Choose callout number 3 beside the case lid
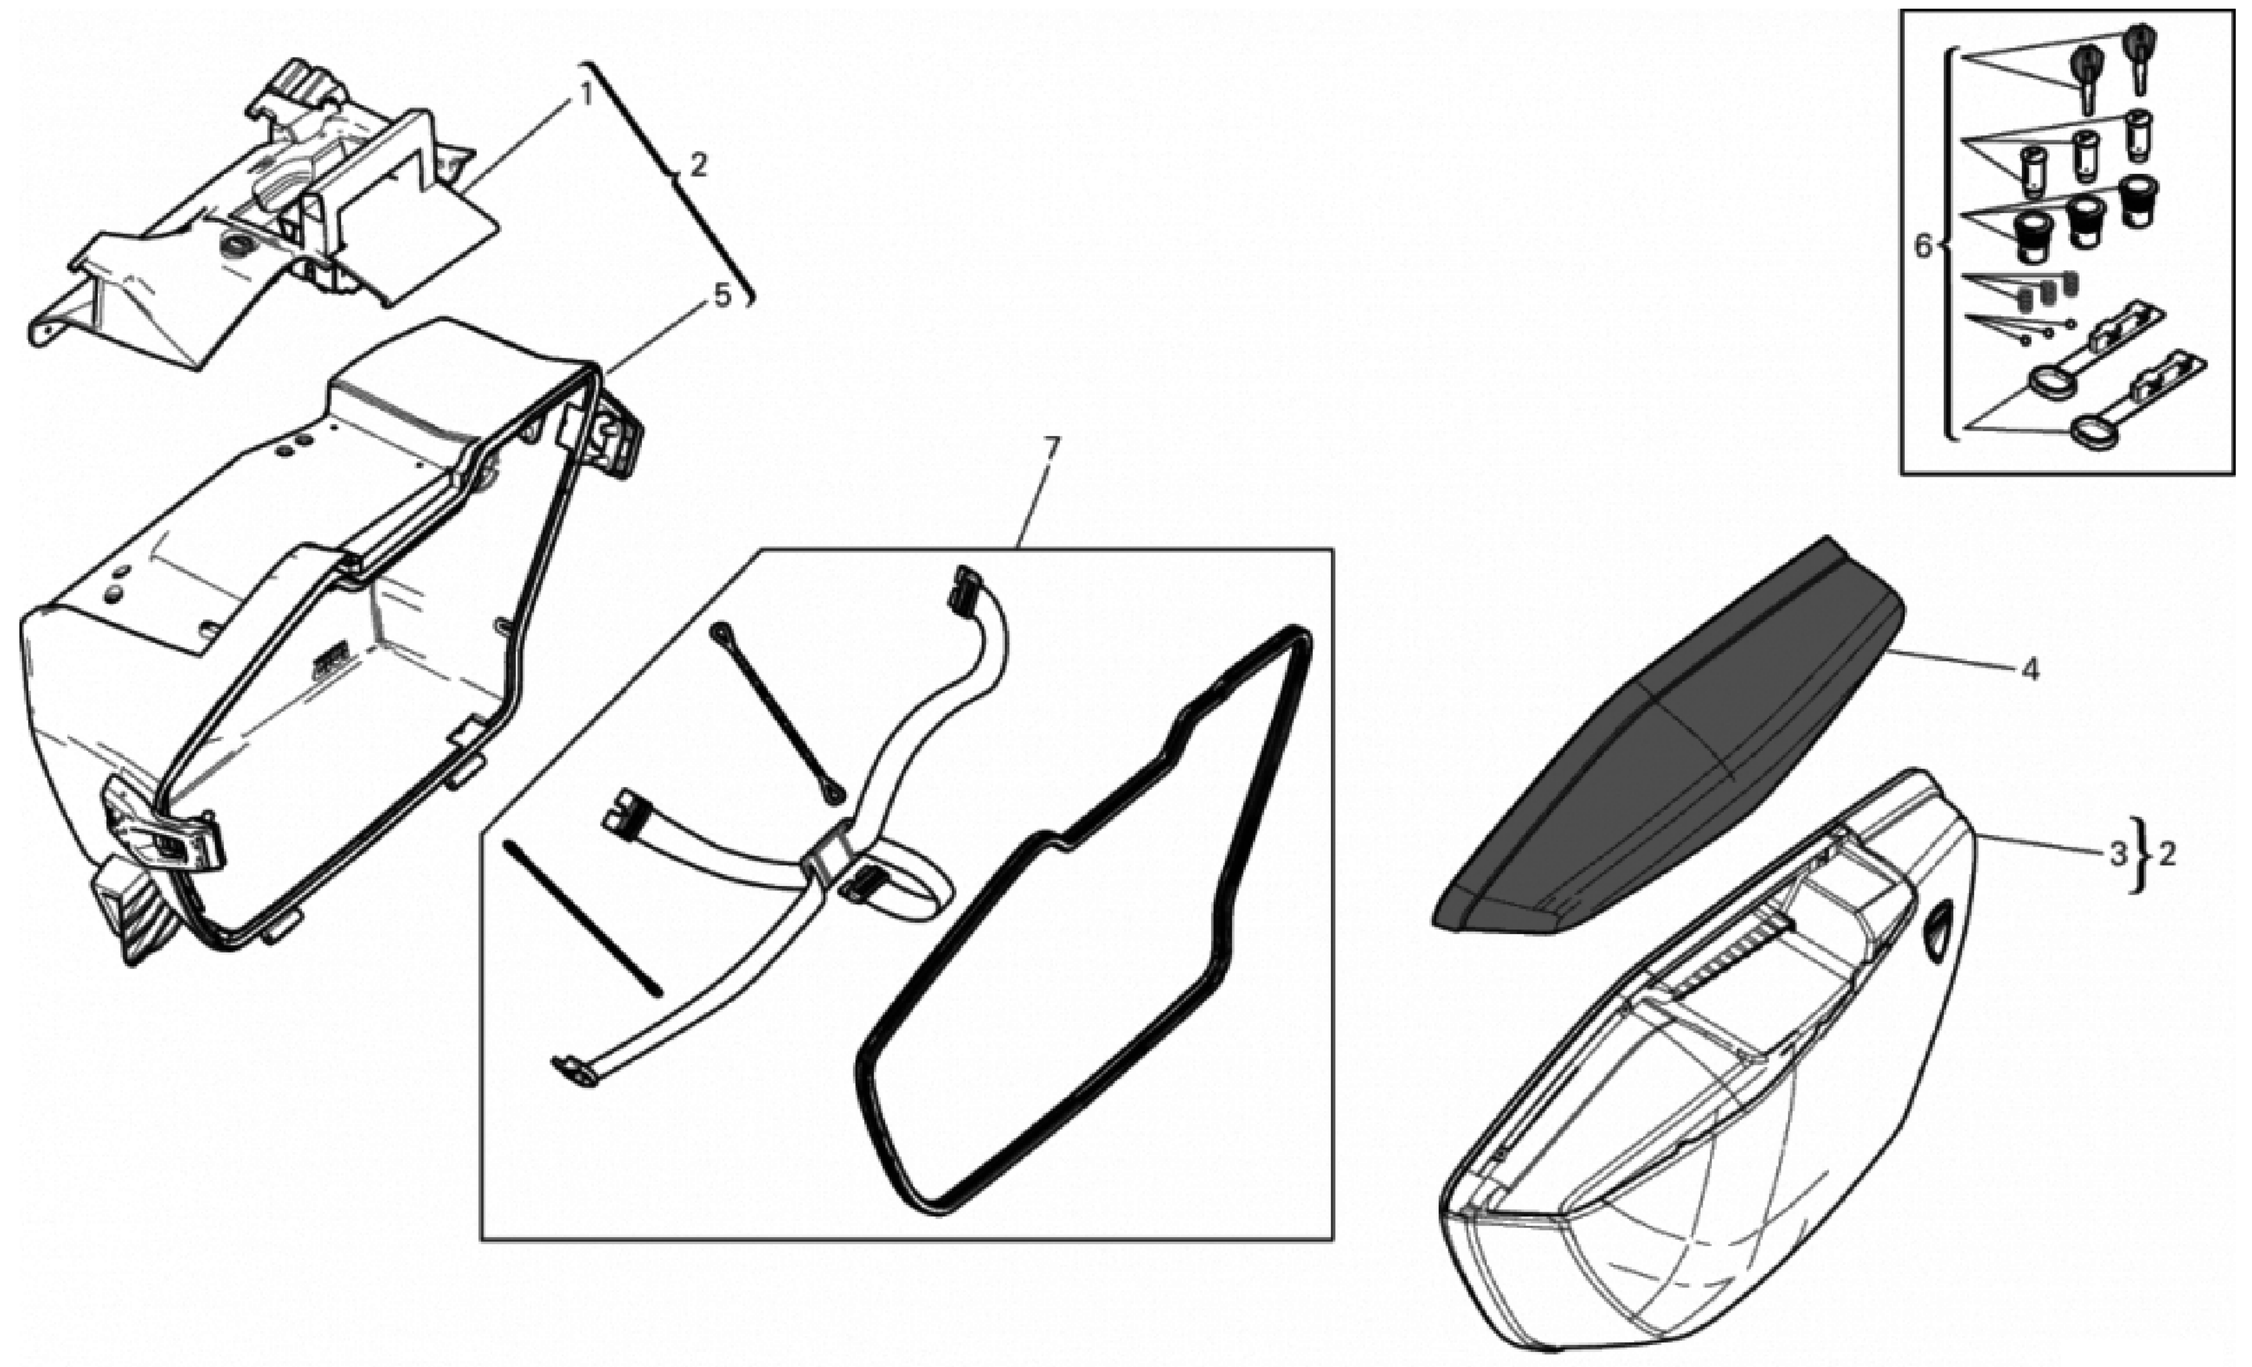(x=2119, y=856)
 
